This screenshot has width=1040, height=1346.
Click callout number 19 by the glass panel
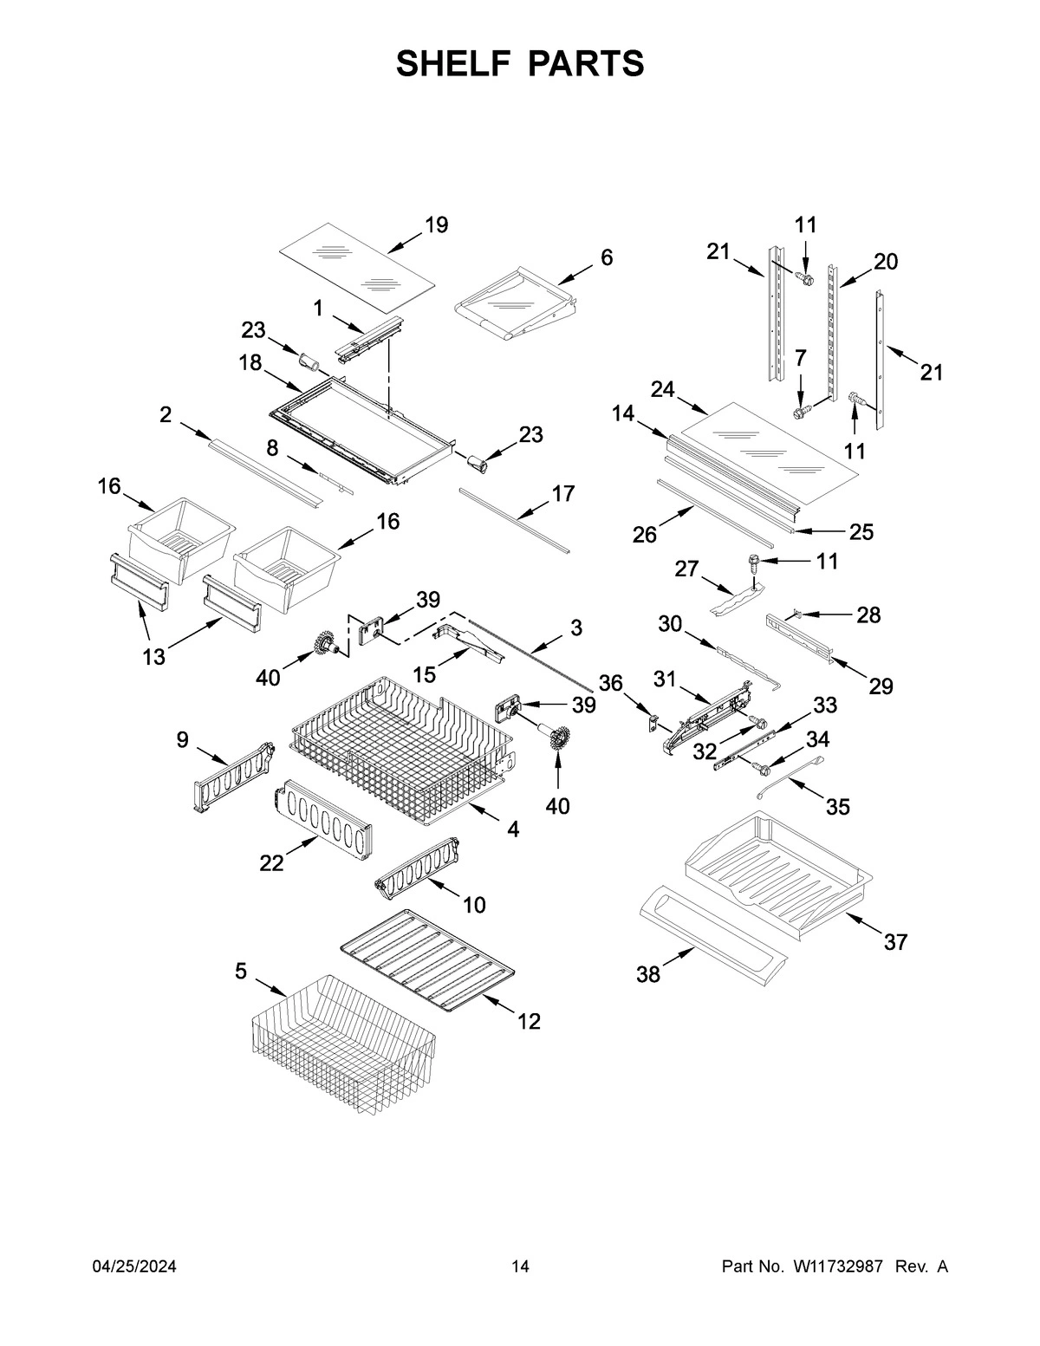pyautogui.click(x=436, y=225)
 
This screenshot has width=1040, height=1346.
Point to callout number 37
pyautogui.click(x=895, y=941)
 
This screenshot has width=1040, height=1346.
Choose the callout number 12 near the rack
pyautogui.click(x=529, y=1021)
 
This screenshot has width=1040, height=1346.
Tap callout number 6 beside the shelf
pyautogui.click(x=607, y=257)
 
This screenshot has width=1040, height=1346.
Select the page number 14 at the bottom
pyautogui.click(x=520, y=1267)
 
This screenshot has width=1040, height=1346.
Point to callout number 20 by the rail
pyautogui.click(x=886, y=261)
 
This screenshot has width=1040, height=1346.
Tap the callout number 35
pyautogui.click(x=837, y=807)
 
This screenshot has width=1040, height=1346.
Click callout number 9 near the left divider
pyautogui.click(x=182, y=739)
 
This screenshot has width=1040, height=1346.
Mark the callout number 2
pyautogui.click(x=166, y=415)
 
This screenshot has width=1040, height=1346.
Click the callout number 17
pyautogui.click(x=563, y=494)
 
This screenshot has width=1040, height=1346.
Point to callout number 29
pyautogui.click(x=881, y=686)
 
